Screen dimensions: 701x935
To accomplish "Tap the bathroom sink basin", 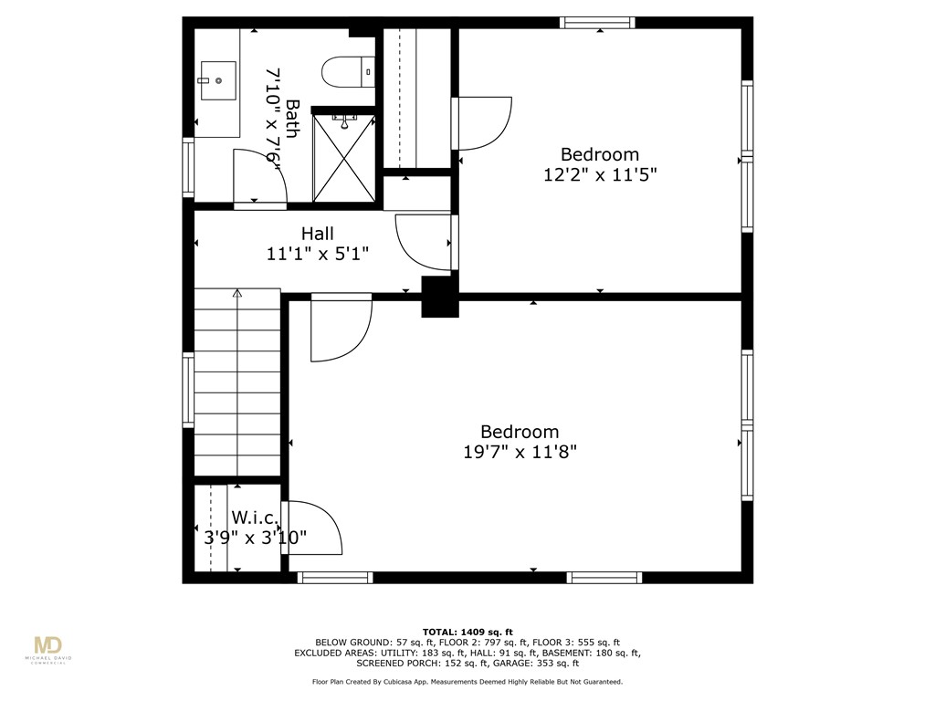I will coord(217,80).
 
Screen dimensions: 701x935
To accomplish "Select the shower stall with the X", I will coord(344,157).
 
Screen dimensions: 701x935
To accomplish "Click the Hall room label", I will coord(317,234).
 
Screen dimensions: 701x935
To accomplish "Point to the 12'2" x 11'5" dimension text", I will coord(600,174).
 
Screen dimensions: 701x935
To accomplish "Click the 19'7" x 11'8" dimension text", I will coord(520,451).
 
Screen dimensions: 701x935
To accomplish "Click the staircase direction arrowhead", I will coord(237,294).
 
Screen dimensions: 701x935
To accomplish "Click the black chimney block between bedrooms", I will coord(439,297).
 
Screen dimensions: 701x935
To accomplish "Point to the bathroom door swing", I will coord(258,178).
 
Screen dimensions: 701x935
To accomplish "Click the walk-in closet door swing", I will coord(313,528).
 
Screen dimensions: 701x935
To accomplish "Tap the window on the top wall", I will coord(597,23).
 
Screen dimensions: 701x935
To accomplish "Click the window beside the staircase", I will coord(188,390).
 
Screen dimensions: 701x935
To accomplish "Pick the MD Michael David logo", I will coord(47,650).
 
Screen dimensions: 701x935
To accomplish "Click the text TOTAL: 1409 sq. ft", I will coord(467,632).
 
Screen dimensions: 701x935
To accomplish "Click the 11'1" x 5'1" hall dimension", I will coord(317,255).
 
